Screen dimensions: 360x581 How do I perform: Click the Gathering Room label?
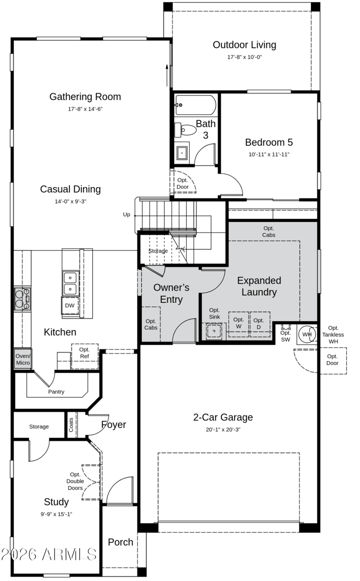tap(85, 97)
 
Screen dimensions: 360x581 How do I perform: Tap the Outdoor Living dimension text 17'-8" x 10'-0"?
tap(244, 57)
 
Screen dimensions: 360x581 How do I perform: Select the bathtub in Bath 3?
tap(196, 105)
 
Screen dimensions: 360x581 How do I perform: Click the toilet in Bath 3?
tap(185, 130)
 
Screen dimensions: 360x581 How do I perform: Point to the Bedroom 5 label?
tap(269, 142)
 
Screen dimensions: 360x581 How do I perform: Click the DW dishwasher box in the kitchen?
tap(70, 305)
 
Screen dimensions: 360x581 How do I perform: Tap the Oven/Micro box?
tap(23, 359)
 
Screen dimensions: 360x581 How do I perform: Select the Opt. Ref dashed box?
tap(85, 357)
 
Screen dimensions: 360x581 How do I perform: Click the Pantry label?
tap(56, 392)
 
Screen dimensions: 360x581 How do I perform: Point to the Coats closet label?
tap(71, 425)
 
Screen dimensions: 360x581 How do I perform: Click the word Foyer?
tap(114, 425)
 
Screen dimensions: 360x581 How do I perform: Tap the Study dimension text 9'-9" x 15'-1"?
tap(56, 514)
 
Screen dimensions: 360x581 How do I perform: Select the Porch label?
tap(121, 542)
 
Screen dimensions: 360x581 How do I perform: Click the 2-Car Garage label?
tap(223, 417)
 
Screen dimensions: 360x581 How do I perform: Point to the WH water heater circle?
tap(306, 334)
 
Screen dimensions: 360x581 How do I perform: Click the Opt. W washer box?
tap(238, 324)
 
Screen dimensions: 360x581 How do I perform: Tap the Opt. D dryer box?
tap(260, 324)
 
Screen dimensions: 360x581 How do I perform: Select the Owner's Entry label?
tap(171, 293)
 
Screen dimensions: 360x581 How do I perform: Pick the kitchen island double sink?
tap(70, 283)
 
